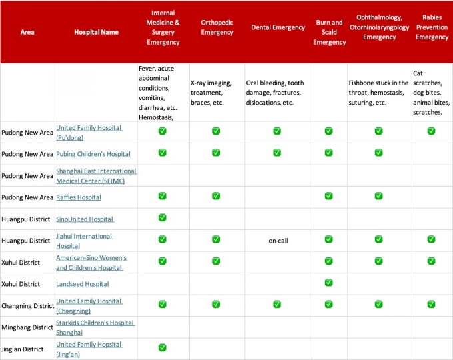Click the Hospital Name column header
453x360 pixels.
coord(96,32)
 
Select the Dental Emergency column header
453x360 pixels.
coord(277,27)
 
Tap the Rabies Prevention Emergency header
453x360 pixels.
coord(432,27)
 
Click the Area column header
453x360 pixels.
coord(27,32)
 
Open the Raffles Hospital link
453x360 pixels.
coord(79,197)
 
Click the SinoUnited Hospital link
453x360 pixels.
coord(85,219)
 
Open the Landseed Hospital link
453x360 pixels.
coord(82,284)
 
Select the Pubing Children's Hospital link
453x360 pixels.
coord(93,154)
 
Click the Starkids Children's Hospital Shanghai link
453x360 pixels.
coord(95,327)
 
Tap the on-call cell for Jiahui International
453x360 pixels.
coord(277,240)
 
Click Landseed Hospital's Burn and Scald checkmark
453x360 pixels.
coord(328,283)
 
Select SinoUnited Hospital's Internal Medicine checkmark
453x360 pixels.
coord(163,217)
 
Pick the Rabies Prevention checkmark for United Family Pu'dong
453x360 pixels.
coord(432,131)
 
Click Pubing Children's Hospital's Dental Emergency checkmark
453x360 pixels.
coord(277,153)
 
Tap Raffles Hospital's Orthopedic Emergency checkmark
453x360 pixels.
coord(216,196)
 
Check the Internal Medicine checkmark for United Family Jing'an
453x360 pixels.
coord(163,347)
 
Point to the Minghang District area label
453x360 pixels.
coord(27,327)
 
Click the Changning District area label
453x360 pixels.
coord(27,306)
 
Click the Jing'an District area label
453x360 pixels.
coord(23,349)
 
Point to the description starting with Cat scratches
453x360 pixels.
coord(432,93)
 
